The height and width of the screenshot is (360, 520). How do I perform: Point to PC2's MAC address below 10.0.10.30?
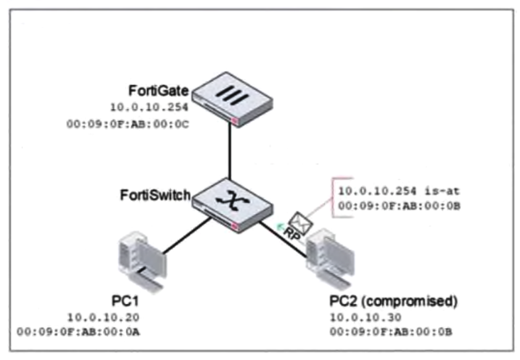coord(392,333)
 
